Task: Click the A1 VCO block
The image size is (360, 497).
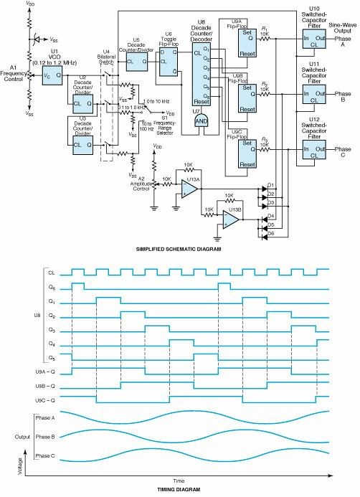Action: (52, 75)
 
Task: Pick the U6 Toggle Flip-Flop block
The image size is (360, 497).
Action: (169, 62)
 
